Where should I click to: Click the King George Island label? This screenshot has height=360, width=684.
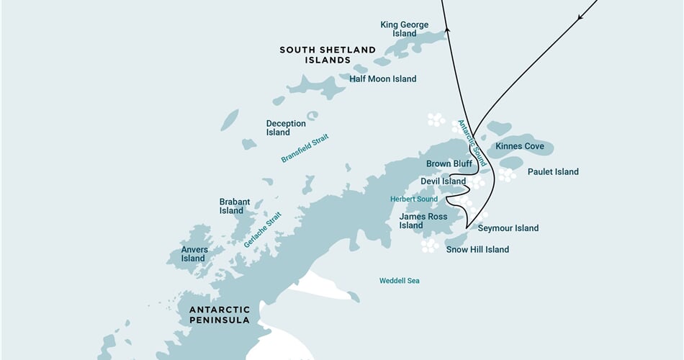(x=404, y=29)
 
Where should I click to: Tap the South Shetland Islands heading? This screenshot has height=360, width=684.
(x=328, y=55)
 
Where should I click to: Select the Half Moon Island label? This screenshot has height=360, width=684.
(x=382, y=79)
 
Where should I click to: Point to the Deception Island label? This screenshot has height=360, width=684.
(x=286, y=128)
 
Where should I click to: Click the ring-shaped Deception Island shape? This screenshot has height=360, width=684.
(x=312, y=115)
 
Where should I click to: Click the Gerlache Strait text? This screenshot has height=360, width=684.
(x=262, y=230)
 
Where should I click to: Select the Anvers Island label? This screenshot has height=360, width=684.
(x=194, y=254)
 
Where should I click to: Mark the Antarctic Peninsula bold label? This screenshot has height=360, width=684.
(x=220, y=315)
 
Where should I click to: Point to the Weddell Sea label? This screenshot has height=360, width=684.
(x=400, y=281)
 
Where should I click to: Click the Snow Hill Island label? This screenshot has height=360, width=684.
(x=477, y=250)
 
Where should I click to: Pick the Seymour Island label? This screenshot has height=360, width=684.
(x=508, y=228)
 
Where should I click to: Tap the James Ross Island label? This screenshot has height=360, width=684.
(x=423, y=221)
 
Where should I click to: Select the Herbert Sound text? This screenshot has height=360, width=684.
(x=414, y=199)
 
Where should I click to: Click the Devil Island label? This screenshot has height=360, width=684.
(x=444, y=181)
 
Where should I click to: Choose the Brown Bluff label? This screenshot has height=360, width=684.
(x=449, y=163)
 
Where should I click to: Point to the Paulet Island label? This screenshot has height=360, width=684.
(x=553, y=172)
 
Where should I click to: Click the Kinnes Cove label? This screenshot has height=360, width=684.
(x=520, y=146)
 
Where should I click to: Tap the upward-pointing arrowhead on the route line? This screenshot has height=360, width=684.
(x=447, y=30)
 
